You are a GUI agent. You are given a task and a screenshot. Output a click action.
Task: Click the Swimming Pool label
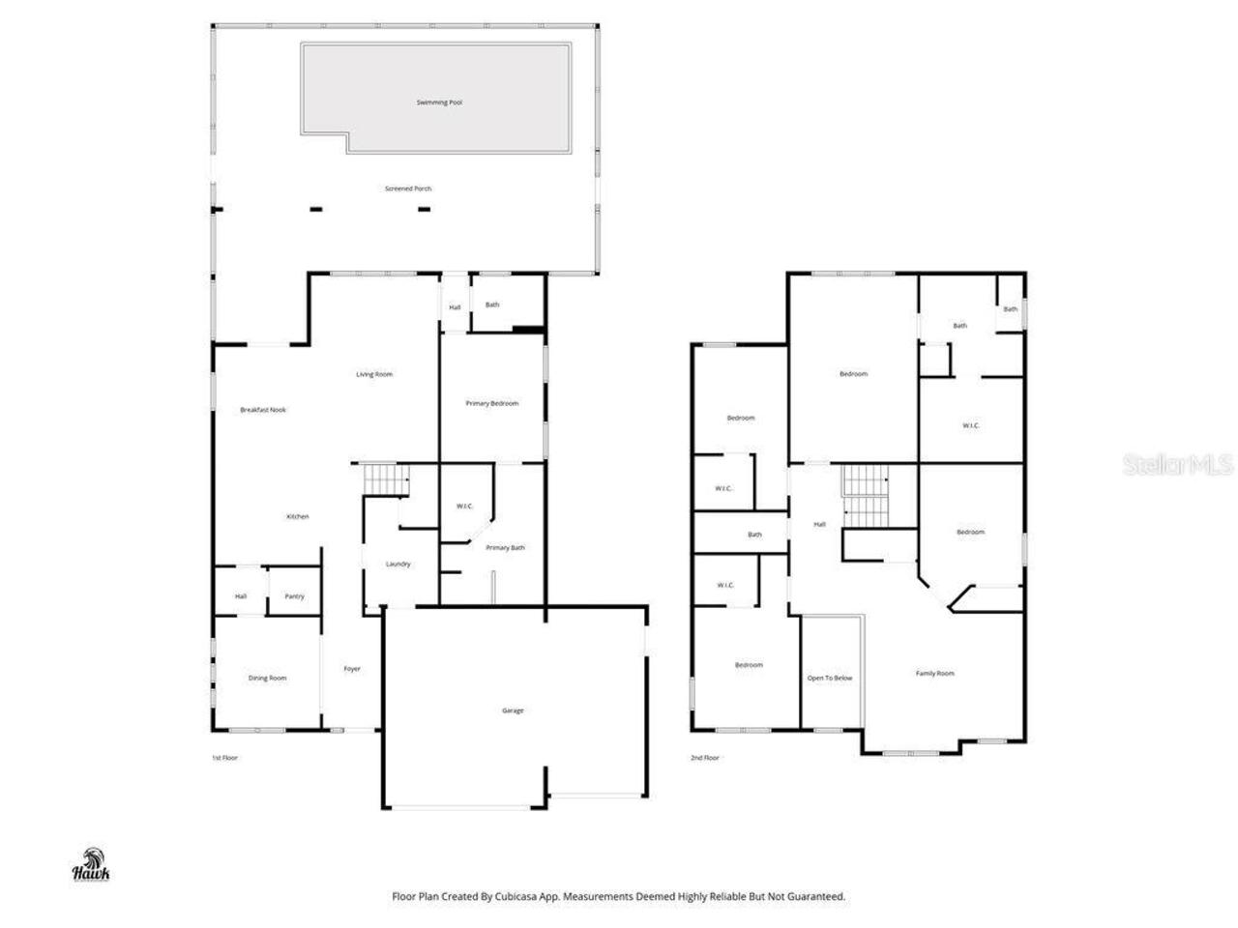(x=439, y=102)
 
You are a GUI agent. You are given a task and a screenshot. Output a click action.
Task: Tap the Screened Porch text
(x=408, y=188)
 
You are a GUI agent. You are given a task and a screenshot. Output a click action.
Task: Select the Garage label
(x=513, y=710)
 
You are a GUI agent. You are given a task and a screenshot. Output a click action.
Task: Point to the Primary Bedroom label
(x=491, y=403)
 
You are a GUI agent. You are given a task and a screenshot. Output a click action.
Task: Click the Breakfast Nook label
(x=263, y=410)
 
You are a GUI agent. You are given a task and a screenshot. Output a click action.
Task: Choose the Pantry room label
(x=294, y=596)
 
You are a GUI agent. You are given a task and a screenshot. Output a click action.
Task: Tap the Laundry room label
(x=398, y=564)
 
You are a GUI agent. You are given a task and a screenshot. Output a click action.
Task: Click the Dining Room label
(x=267, y=678)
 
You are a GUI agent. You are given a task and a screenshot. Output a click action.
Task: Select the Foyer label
(x=352, y=669)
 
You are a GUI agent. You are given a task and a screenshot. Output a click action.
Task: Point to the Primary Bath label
(x=505, y=548)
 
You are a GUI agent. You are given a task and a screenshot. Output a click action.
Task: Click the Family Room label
(x=934, y=673)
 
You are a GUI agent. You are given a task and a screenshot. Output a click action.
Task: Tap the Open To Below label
(x=830, y=678)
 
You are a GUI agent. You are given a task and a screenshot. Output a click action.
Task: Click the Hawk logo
(x=92, y=864)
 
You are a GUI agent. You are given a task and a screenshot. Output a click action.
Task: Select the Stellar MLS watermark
(x=1177, y=465)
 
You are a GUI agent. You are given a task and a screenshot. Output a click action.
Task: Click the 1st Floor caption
(x=224, y=758)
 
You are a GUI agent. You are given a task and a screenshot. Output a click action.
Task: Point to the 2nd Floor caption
(x=704, y=758)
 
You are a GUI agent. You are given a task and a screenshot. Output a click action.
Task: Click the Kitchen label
(x=298, y=516)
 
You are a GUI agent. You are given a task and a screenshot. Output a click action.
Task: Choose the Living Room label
(x=374, y=374)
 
